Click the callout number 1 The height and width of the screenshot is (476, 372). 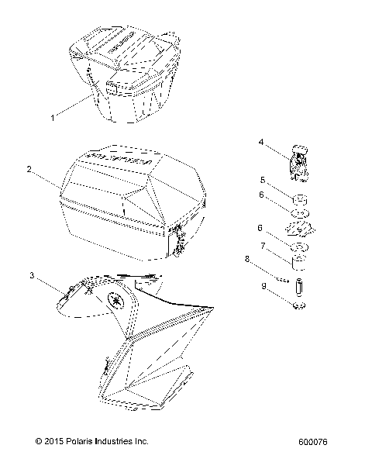click(53, 118)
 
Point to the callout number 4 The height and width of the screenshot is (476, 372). click(261, 142)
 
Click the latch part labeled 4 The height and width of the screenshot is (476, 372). click(298, 161)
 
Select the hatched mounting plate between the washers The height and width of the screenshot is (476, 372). click(298, 229)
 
